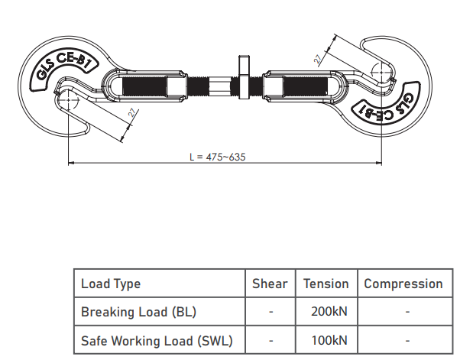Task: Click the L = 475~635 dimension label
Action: tap(217, 157)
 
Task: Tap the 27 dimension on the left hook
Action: tap(133, 113)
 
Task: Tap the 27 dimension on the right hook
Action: tap(317, 59)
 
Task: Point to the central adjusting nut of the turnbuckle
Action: tap(244, 77)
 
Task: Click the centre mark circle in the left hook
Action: tap(68, 100)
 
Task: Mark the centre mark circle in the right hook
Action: tap(381, 72)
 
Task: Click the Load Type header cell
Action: tap(111, 284)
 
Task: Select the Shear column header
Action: tap(270, 284)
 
